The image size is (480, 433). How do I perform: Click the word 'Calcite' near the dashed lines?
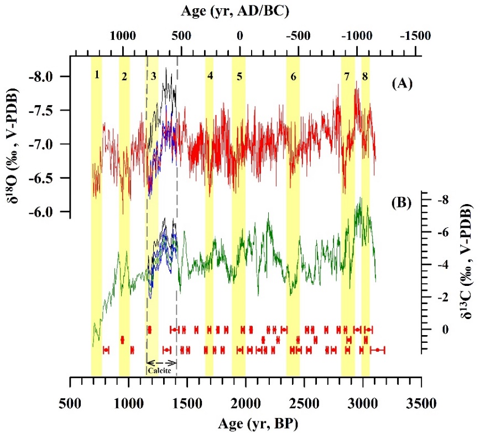tap(161, 371)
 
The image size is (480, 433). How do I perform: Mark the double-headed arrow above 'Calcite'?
tap(161, 363)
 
